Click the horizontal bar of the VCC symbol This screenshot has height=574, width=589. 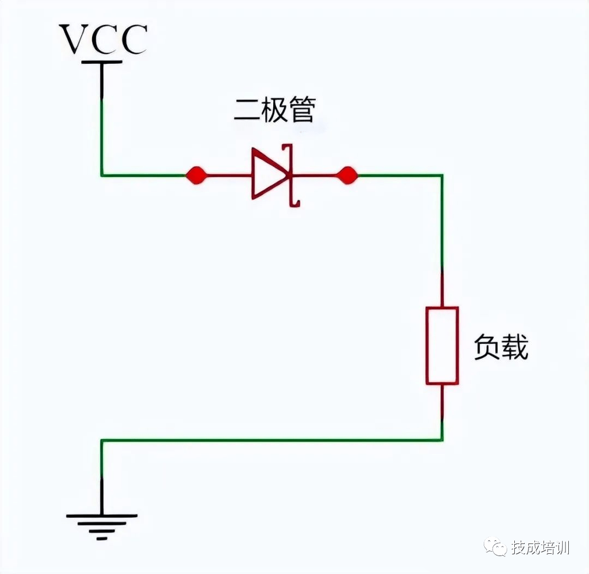101,62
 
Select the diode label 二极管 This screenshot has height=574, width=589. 274,111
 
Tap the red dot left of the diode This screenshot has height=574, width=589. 196,175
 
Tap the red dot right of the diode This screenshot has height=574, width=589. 347,175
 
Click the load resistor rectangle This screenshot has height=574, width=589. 442,345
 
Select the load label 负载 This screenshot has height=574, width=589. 501,347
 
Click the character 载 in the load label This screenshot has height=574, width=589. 515,347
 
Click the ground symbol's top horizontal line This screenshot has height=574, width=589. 101,515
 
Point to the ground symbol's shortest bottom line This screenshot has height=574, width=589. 101,537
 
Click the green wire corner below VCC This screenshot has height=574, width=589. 101,175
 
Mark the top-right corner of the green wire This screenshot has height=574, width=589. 442,175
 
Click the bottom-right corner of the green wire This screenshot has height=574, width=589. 442,440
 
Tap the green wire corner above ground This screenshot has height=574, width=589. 101,440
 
